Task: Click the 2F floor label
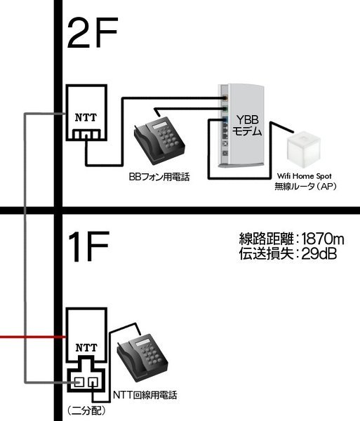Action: [x=93, y=33]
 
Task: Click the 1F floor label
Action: [x=89, y=246]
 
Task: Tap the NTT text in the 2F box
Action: [x=86, y=118]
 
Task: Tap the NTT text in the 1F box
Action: [x=86, y=348]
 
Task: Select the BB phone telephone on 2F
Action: [x=159, y=140]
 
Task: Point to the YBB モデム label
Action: [x=247, y=126]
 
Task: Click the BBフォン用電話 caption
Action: [x=159, y=177]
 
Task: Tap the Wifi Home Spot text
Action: [x=305, y=176]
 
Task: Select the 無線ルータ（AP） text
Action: [x=305, y=186]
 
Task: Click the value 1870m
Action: [x=323, y=239]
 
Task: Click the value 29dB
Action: [x=319, y=253]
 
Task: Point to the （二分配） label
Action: [x=87, y=410]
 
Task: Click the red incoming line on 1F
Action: [x=33, y=337]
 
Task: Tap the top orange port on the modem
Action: [x=225, y=98]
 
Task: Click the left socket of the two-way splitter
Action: [x=79, y=381]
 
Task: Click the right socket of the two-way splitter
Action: [x=93, y=381]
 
